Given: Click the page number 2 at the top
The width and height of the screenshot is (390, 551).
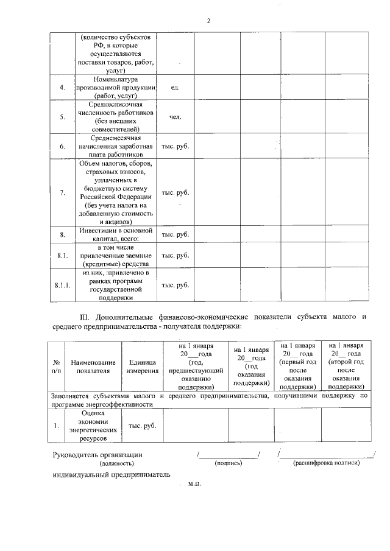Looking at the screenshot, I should coord(208,21).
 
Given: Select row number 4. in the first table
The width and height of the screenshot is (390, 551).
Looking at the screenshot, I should coord(62,88).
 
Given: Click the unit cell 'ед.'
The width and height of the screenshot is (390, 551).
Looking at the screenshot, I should coord(175,88).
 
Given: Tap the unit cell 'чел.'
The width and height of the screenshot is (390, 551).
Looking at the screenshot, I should coord(175,116).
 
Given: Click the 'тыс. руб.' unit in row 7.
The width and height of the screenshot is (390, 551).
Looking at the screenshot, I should coord(175,193).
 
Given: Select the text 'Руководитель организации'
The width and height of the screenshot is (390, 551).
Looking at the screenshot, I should coord(97,454).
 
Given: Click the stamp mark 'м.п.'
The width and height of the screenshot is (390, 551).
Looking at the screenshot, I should coord(194,485).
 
